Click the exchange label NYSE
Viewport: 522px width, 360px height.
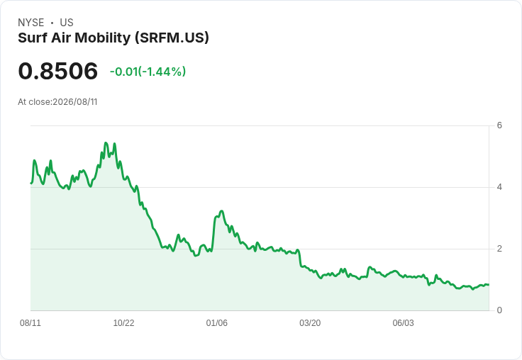click(31, 23)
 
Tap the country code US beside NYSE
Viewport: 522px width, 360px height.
click(67, 23)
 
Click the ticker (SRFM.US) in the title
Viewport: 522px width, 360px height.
click(172, 38)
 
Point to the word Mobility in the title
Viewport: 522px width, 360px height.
click(103, 38)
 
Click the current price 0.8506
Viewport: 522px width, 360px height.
click(58, 71)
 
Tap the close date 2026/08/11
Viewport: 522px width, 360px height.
click(75, 102)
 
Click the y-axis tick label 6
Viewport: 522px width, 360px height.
click(499, 125)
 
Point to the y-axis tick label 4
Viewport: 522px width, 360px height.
click(499, 187)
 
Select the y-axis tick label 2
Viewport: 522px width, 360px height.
click(499, 249)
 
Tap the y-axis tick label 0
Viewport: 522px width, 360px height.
click(499, 310)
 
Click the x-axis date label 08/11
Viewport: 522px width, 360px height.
click(30, 323)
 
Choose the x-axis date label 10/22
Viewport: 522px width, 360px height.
click(123, 323)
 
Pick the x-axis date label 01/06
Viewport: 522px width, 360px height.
click(217, 323)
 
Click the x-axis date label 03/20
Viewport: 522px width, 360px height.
click(310, 323)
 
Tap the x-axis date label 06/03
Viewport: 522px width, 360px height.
click(403, 323)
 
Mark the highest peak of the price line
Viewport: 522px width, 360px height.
click(106, 142)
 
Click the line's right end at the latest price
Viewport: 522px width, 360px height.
click(489, 285)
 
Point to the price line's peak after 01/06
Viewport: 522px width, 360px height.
click(221, 211)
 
